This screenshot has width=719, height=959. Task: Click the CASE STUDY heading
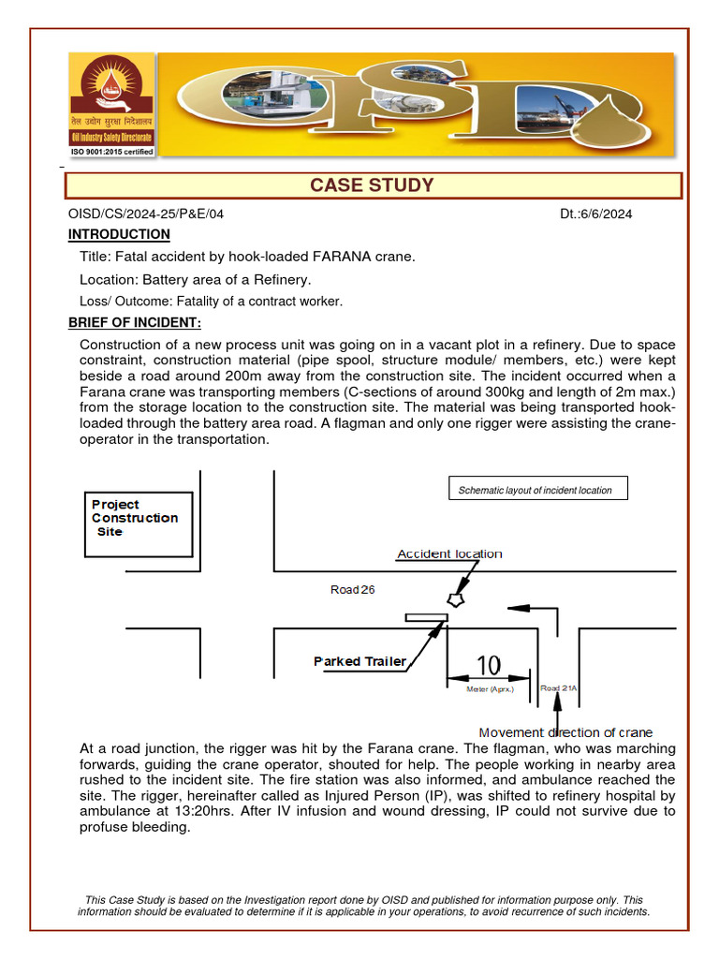(372, 185)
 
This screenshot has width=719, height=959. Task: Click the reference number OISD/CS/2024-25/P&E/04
(146, 214)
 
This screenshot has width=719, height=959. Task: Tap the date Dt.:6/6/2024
(596, 214)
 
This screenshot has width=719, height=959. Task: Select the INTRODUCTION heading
(119, 234)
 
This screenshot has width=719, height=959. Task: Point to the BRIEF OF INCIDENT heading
(135, 323)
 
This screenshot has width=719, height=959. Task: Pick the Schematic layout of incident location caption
(535, 490)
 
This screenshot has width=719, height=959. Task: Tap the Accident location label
(449, 553)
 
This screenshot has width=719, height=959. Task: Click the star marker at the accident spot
(457, 597)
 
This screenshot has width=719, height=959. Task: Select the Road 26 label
(353, 590)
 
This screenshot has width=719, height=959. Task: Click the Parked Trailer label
(359, 661)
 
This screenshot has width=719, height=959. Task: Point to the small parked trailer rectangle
(426, 616)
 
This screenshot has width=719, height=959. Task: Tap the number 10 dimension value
(489, 665)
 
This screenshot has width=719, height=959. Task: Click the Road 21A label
(559, 688)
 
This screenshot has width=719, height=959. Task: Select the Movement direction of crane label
(565, 732)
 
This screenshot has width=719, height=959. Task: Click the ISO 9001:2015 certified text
(111, 151)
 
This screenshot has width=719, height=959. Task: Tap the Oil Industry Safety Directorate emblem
(110, 94)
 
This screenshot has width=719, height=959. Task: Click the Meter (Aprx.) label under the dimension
(490, 689)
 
